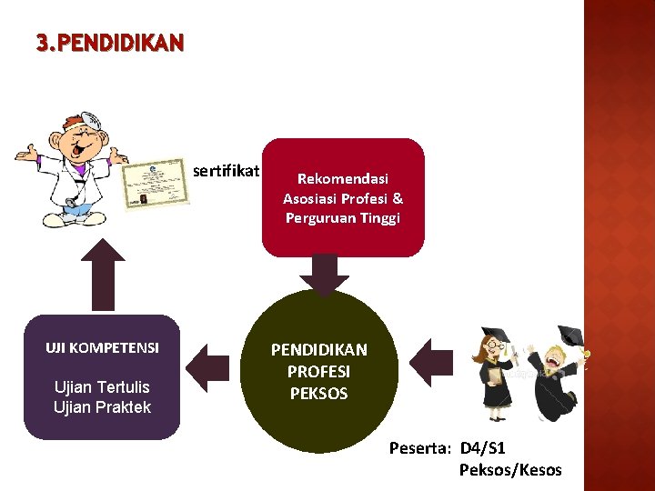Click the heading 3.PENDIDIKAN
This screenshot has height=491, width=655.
(x=110, y=43)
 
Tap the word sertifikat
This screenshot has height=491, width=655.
(x=227, y=170)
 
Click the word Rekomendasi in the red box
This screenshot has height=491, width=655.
(x=343, y=179)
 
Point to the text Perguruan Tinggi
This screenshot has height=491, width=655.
(x=343, y=218)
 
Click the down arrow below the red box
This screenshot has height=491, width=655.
(x=324, y=273)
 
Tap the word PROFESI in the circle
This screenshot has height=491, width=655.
(x=318, y=372)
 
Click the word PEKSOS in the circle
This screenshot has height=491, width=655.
(x=318, y=394)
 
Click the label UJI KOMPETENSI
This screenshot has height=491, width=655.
(x=102, y=347)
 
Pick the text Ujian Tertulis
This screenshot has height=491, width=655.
(x=102, y=387)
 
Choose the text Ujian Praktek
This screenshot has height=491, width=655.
(x=102, y=406)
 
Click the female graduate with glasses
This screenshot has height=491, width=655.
(x=500, y=368)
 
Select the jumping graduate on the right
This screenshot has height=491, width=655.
(x=555, y=373)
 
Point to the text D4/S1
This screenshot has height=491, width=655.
(x=483, y=448)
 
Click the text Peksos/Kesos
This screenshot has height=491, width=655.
(x=510, y=470)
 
